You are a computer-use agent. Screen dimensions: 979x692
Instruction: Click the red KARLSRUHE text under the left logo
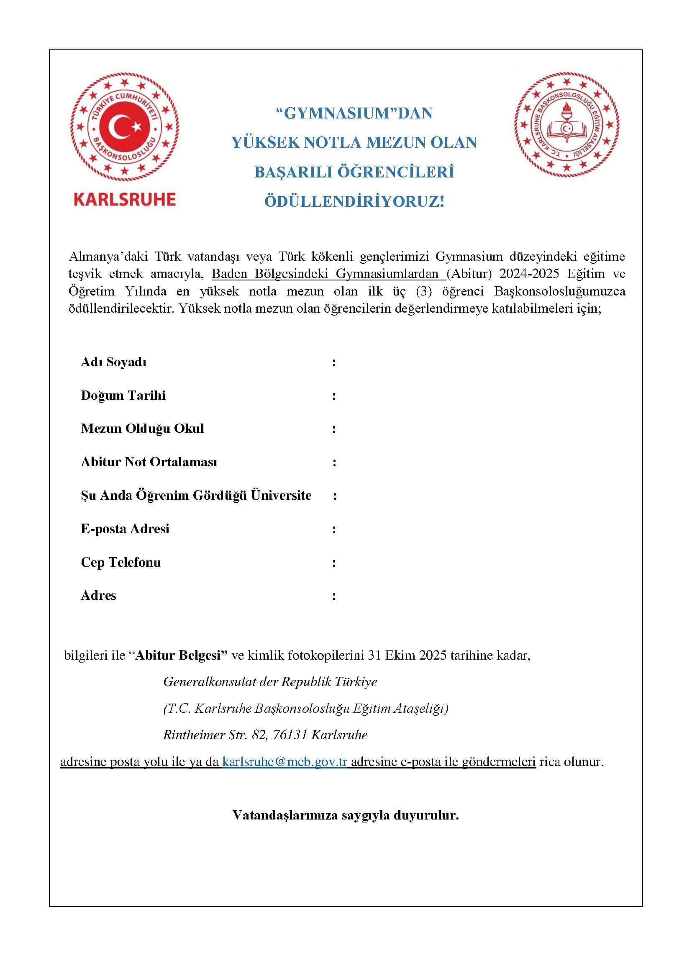[124, 200]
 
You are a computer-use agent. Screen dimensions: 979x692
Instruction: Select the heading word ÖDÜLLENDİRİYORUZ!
[354, 201]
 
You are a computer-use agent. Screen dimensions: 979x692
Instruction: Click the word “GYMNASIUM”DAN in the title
[354, 113]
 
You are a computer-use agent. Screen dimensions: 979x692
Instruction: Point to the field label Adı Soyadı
[114, 362]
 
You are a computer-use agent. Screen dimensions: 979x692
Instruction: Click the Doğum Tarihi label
[123, 396]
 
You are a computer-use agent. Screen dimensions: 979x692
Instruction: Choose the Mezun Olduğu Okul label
[142, 429]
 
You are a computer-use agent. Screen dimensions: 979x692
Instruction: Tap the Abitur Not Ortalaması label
[149, 462]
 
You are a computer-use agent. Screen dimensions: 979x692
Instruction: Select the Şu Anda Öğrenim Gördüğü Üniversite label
[196, 496]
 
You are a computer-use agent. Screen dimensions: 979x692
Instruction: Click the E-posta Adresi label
[125, 529]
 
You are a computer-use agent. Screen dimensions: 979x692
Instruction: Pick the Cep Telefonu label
[121, 563]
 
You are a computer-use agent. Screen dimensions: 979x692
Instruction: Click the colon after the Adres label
[334, 596]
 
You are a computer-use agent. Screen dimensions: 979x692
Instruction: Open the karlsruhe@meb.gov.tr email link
[284, 762]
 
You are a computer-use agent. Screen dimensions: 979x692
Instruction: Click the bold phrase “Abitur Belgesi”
[179, 655]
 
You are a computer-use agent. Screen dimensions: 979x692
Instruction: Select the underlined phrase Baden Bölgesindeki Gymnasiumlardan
[325, 274]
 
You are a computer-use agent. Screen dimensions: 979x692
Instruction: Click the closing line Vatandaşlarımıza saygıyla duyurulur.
[346, 815]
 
